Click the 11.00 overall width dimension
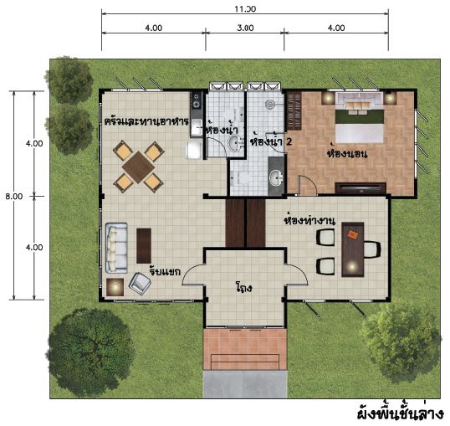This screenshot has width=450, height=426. pyautogui.click(x=245, y=9)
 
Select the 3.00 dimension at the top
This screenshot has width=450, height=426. pyautogui.click(x=245, y=28)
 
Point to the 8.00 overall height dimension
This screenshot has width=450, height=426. pyautogui.click(x=13, y=197)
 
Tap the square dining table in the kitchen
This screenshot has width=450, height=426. pyautogui.click(x=138, y=167)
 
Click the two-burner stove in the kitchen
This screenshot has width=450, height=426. pyautogui.click(x=197, y=100)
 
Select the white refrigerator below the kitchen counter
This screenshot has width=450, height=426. pyautogui.click(x=194, y=150)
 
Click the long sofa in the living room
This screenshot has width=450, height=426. pyautogui.click(x=116, y=248)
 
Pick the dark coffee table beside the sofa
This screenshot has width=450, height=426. pyautogui.click(x=144, y=245)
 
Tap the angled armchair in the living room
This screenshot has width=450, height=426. pyautogui.click(x=140, y=284)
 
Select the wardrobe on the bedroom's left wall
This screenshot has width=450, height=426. pyautogui.click(x=294, y=110)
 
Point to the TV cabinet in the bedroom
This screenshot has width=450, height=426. pyautogui.click(x=361, y=187)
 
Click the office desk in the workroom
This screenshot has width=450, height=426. pyautogui.click(x=353, y=249)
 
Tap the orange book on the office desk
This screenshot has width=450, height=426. pyautogui.click(x=352, y=234)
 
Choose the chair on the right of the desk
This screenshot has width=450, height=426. pyautogui.click(x=372, y=249)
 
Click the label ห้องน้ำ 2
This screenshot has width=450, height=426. pyautogui.click(x=271, y=141)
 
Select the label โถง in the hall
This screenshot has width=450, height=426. pyautogui.click(x=243, y=287)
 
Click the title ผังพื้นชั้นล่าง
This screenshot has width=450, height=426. pyautogui.click(x=400, y=413)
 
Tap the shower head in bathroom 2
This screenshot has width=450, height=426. pyautogui.click(x=270, y=105)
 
